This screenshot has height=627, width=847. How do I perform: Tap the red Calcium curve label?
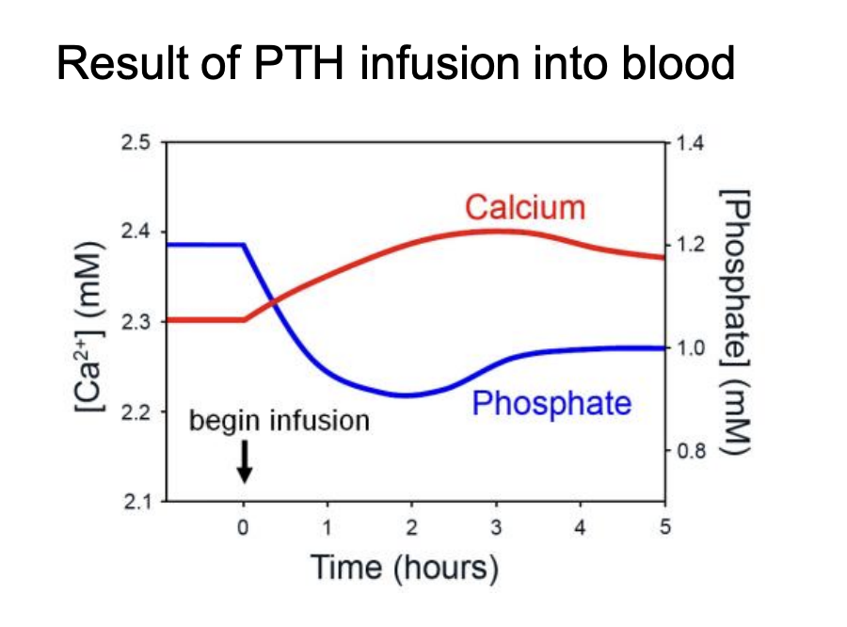pyautogui.click(x=525, y=207)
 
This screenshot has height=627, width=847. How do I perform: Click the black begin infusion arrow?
pyautogui.click(x=244, y=460)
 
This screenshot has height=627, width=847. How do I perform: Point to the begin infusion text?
pyautogui.click(x=280, y=420)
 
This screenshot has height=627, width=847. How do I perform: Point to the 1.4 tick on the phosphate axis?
pyautogui.click(x=690, y=143)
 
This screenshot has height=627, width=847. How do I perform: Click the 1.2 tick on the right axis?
pyautogui.click(x=690, y=246)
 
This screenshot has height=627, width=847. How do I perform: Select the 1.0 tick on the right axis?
pyautogui.click(x=690, y=348)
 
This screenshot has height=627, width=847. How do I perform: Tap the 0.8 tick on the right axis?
pyautogui.click(x=690, y=451)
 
